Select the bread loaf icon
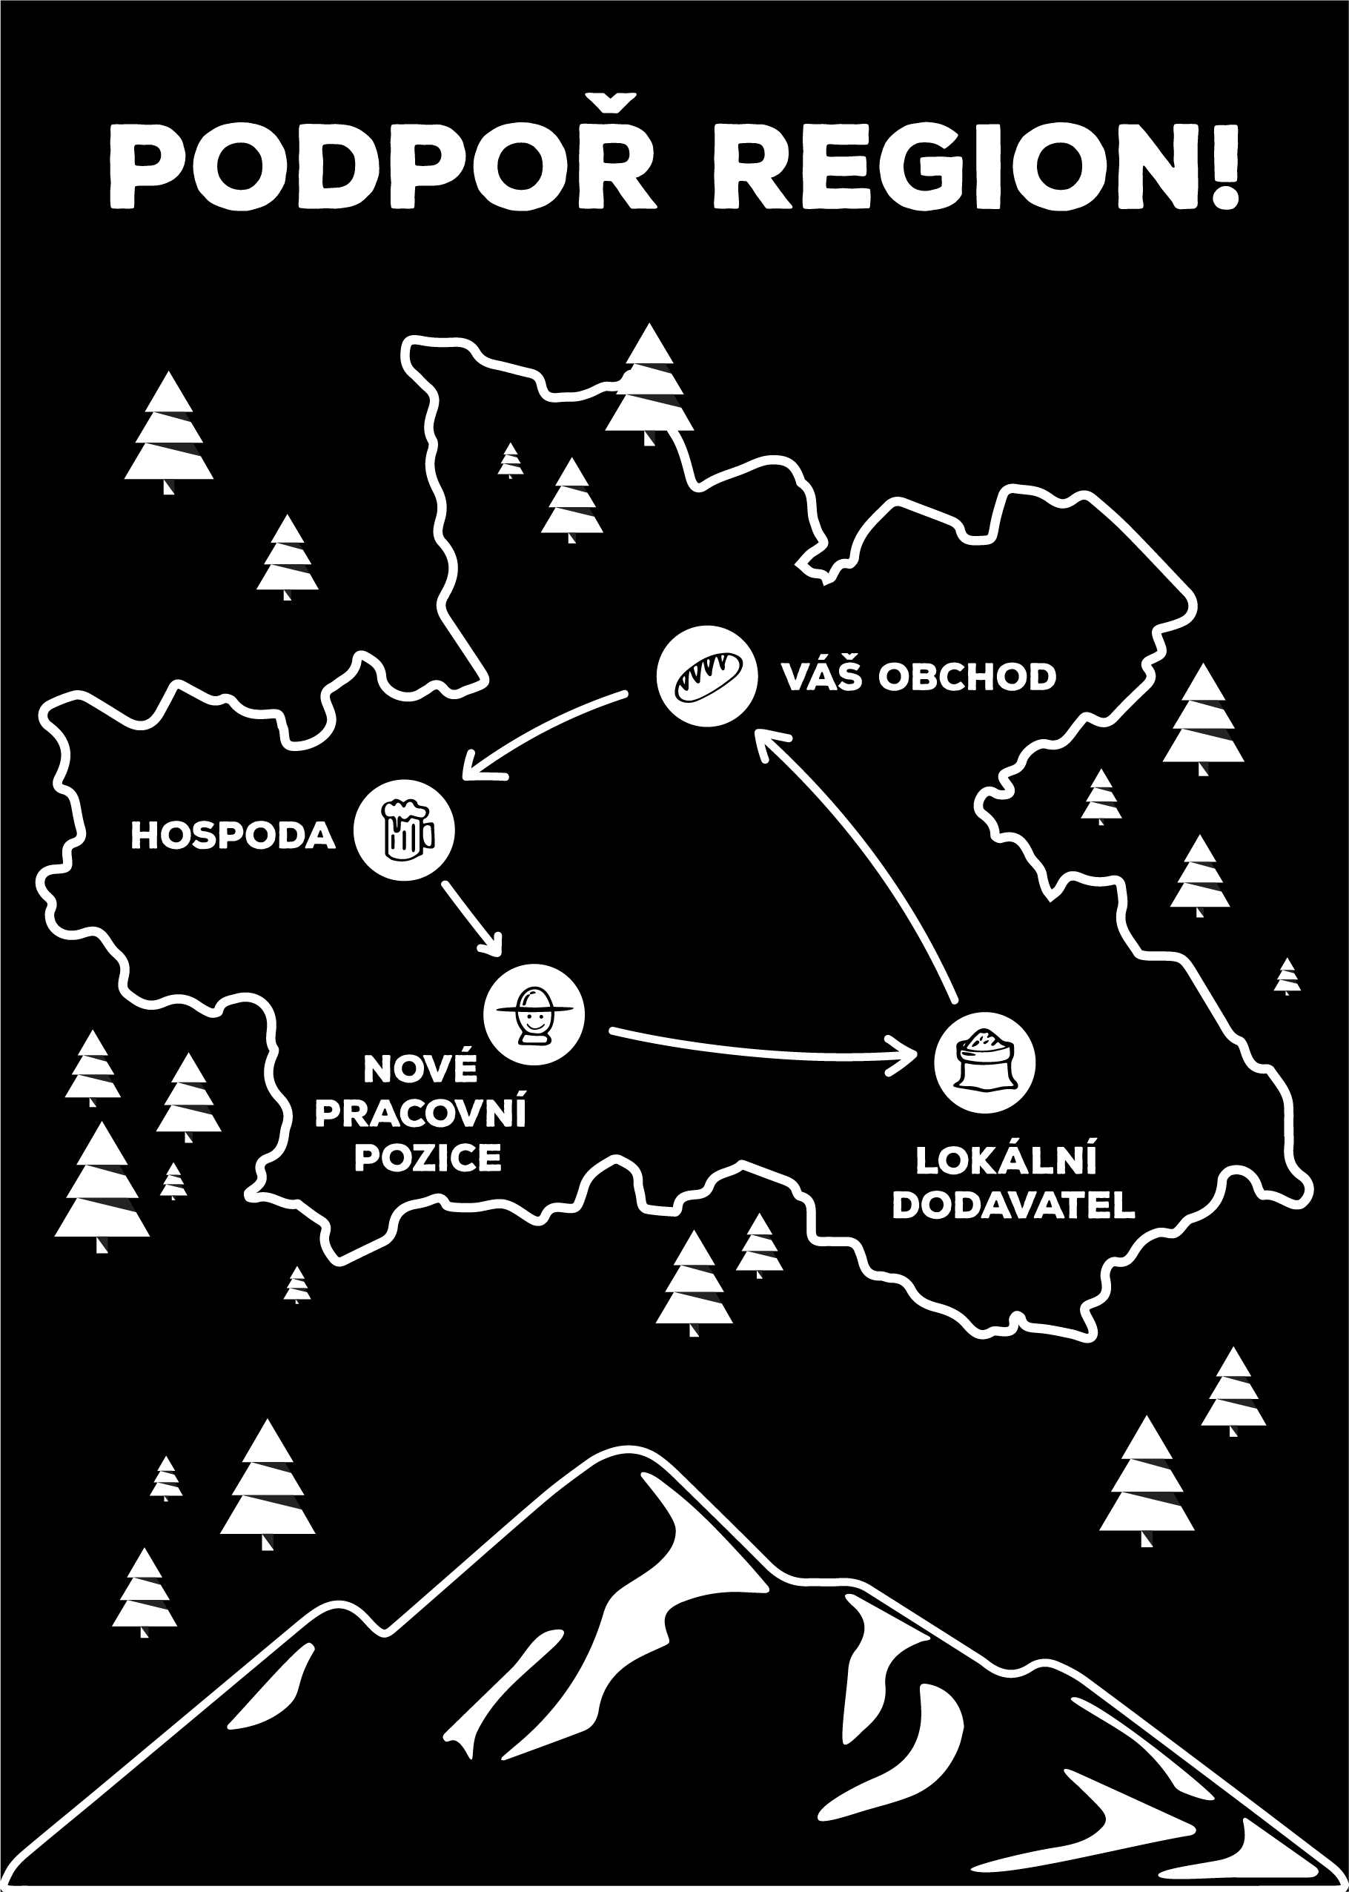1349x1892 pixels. [706, 675]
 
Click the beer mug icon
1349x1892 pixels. [405, 830]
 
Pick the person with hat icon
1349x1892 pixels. [534, 1013]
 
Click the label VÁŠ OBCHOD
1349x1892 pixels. [918, 677]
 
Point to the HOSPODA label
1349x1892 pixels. [233, 836]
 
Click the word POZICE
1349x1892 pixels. [428, 1157]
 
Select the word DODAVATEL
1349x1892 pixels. [1013, 1206]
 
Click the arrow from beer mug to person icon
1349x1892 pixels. [472, 916]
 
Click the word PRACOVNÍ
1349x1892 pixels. [420, 1114]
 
